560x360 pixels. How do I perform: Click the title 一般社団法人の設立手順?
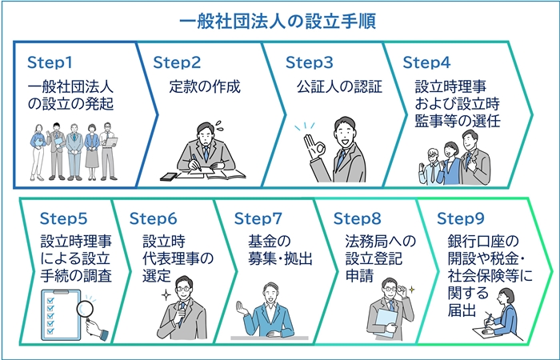click(x=279, y=18)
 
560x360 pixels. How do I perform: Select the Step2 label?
click(x=177, y=62)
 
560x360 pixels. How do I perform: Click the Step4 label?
click(x=427, y=62)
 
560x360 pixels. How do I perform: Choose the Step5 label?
click(x=63, y=218)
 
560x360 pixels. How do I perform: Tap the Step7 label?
click(x=258, y=218)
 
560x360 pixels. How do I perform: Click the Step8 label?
click(x=357, y=218)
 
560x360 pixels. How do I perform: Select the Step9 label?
click(x=462, y=218)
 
